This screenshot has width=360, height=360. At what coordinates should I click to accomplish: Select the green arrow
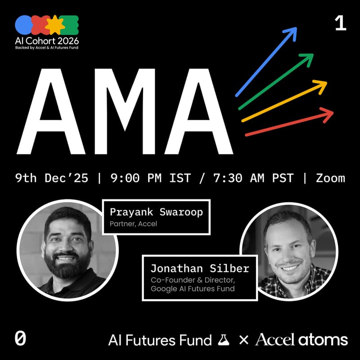pos(276,81)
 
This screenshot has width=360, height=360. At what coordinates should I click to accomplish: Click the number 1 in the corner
pos(341,23)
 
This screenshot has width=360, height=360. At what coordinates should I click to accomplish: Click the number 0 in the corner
pos(20,339)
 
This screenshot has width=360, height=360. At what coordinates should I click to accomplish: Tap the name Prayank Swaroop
pos(157,212)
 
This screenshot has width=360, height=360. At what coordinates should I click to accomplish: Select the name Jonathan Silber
pos(199,269)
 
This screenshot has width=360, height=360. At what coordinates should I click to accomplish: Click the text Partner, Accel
pos(133,224)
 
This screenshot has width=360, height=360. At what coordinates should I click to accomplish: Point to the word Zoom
pos(330,178)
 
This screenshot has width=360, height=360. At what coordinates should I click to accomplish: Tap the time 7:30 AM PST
pos(247,178)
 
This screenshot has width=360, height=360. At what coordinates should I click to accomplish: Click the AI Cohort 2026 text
pos(47,39)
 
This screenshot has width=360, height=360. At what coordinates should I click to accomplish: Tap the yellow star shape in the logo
pos(54,25)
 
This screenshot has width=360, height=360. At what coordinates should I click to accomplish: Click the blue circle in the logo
pos(23,25)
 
